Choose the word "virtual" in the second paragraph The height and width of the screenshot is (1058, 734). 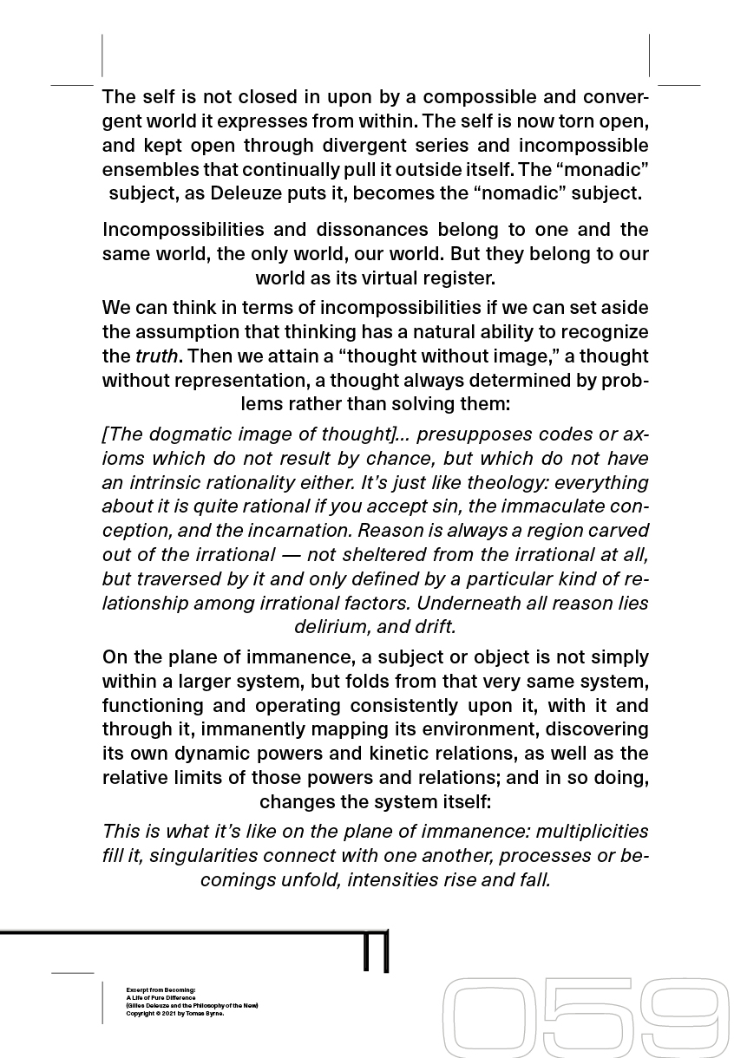pyautogui.click(x=383, y=278)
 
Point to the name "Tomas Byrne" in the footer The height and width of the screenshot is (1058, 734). pyautogui.click(x=206, y=1013)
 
